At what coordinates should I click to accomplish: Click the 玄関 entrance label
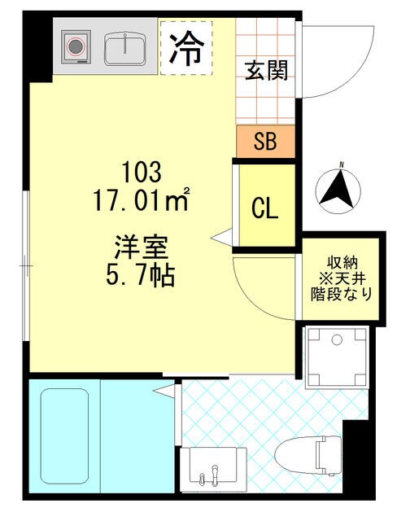[266, 71]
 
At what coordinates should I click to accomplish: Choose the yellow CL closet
[265, 208]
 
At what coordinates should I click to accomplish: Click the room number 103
[143, 172]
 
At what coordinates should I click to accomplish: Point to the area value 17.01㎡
[144, 198]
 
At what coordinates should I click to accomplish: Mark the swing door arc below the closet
[260, 289]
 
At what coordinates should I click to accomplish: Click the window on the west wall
[28, 265]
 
